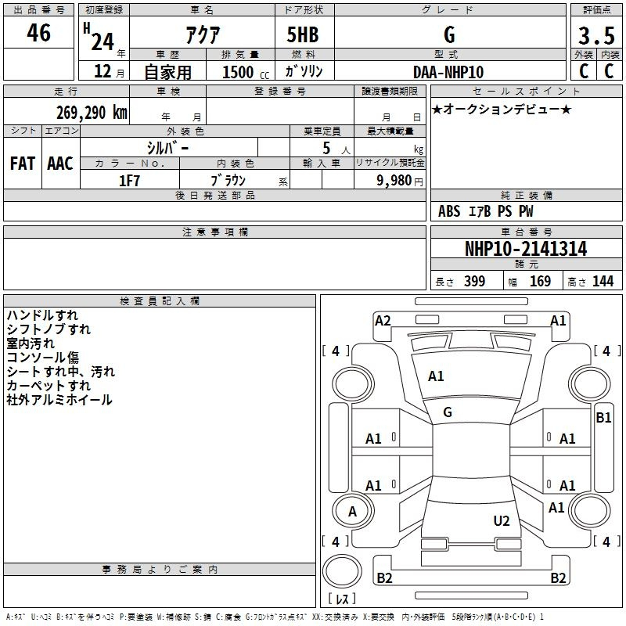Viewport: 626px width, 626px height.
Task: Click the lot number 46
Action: pyautogui.click(x=38, y=34)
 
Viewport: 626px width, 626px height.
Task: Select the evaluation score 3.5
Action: pyautogui.click(x=595, y=36)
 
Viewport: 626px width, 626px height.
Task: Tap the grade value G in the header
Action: pyautogui.click(x=448, y=35)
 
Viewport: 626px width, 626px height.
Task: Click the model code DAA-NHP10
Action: pyautogui.click(x=448, y=72)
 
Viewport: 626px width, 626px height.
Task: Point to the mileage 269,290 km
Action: pyautogui.click(x=91, y=112)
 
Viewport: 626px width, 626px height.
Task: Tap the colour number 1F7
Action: pyautogui.click(x=129, y=180)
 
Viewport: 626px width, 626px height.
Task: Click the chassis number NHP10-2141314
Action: pyautogui.click(x=525, y=249)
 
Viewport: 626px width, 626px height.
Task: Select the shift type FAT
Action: pyautogui.click(x=23, y=164)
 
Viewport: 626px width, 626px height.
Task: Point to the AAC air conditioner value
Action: pyautogui.click(x=60, y=164)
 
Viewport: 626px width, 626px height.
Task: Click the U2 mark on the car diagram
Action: pyautogui.click(x=502, y=520)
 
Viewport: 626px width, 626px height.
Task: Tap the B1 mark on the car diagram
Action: pyautogui.click(x=603, y=418)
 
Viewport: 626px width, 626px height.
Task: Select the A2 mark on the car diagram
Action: pyautogui.click(x=383, y=320)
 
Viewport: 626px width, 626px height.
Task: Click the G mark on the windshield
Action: pyautogui.click(x=448, y=412)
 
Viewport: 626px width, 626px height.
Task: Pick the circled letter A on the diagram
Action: pyautogui.click(x=351, y=511)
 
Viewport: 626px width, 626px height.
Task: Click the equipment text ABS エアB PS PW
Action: pyautogui.click(x=487, y=211)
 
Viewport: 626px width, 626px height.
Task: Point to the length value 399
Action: pyautogui.click(x=474, y=282)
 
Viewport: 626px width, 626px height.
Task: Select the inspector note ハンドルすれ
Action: pyautogui.click(x=42, y=315)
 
